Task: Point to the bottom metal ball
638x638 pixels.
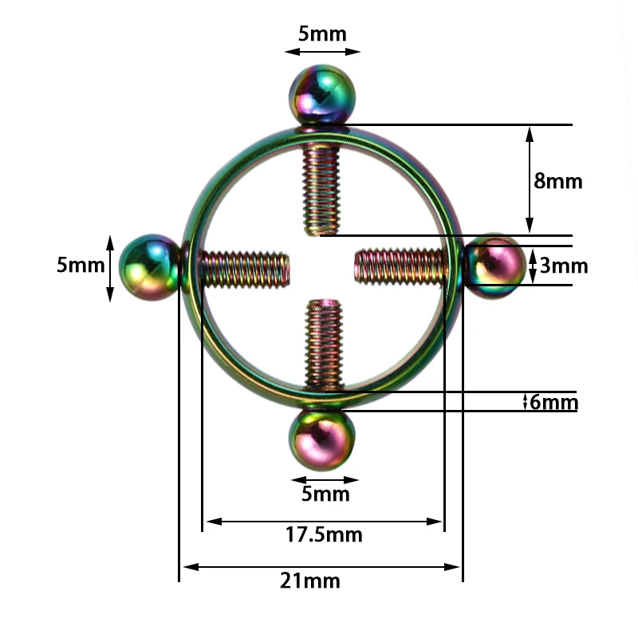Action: click(x=321, y=440)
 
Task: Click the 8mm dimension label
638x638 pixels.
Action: click(x=558, y=181)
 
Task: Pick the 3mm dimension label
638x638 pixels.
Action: click(x=564, y=266)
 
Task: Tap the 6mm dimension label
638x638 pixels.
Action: click(x=554, y=402)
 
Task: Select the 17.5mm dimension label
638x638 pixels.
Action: click(x=324, y=534)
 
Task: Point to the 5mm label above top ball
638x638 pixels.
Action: click(x=323, y=33)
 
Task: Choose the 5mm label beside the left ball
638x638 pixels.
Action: click(x=80, y=265)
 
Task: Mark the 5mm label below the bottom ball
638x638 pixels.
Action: click(x=325, y=494)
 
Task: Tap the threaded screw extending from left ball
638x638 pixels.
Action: click(x=243, y=269)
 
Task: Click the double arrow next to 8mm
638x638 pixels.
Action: click(x=529, y=180)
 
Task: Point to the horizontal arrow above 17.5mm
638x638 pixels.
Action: click(x=323, y=522)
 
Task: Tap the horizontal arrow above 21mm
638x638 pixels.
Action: click(x=321, y=567)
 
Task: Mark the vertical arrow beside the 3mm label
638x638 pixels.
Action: click(x=533, y=266)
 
